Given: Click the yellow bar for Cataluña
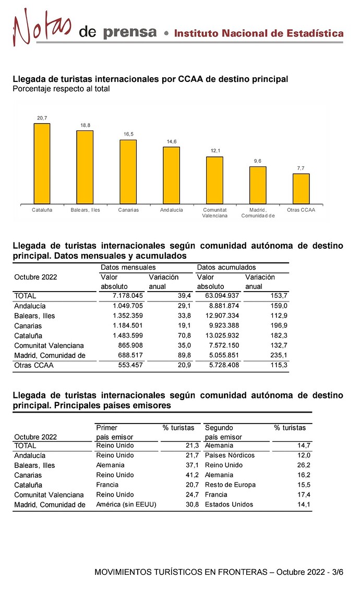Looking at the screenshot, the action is (42, 163).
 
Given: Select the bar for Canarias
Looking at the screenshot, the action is (128, 172).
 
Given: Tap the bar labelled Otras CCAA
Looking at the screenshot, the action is (301, 189).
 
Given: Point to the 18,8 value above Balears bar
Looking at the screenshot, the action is (85, 125).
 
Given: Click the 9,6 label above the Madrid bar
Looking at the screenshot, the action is (257, 161).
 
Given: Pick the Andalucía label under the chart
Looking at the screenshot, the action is (172, 210).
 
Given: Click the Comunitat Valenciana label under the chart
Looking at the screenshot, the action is (214, 213).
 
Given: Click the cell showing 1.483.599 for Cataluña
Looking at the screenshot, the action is (128, 335).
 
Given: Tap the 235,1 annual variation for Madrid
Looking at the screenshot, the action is (279, 355).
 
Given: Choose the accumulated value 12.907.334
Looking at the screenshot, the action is (222, 316).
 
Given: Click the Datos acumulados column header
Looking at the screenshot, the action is (226, 268).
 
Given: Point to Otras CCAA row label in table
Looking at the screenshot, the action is (34, 365).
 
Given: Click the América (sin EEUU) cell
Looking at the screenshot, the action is (126, 504).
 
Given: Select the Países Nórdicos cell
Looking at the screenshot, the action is (230, 455).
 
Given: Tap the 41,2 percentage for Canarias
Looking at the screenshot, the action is (193, 475).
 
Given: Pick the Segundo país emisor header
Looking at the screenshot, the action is (223, 432).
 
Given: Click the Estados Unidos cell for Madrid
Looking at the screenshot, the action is (229, 504).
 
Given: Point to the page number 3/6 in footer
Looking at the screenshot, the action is (338, 572).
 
